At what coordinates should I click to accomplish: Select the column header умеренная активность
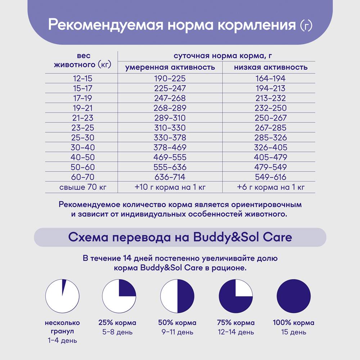pos(170,67)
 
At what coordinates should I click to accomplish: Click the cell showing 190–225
pos(170,78)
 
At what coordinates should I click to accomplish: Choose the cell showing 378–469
pos(170,147)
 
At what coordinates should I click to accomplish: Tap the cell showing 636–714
pos(170,177)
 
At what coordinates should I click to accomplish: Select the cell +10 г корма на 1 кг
pos(170,187)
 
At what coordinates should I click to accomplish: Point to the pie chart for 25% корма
pos(119,296)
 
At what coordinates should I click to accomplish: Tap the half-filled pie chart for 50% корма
pos(177,296)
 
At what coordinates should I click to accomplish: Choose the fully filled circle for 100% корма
pos(293,296)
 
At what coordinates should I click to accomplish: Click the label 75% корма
pos(236,323)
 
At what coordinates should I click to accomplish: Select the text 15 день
pos(293,332)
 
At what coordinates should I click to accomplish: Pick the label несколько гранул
pos(62,327)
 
